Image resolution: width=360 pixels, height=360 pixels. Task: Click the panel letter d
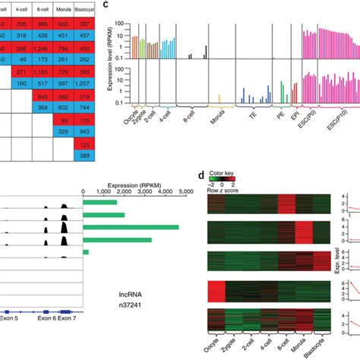coord(201,175)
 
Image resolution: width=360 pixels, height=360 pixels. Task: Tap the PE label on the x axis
coord(282,118)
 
